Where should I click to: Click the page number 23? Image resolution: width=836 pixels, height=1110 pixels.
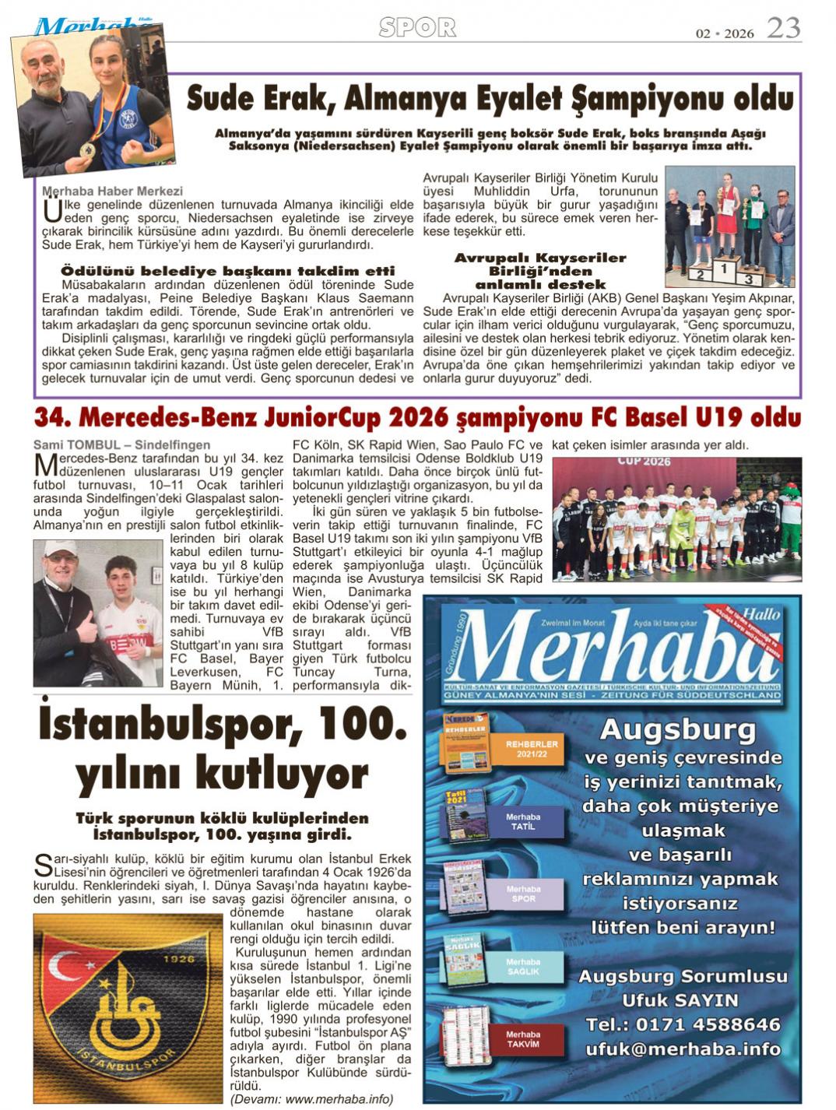pos(783,28)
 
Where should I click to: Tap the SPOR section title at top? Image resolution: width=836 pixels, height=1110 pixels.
pos(417,28)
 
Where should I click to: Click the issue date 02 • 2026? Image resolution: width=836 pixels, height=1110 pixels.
pos(725,33)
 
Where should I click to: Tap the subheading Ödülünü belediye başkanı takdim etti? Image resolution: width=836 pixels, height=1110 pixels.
pos(227,271)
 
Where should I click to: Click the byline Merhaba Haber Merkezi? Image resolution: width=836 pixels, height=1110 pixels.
pos(112,191)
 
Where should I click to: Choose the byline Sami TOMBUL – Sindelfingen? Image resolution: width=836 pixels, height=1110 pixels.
pos(121,444)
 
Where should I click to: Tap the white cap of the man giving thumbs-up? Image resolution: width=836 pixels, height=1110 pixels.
pos(59,548)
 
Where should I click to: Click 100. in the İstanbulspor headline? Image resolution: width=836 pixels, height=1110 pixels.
pos(357,725)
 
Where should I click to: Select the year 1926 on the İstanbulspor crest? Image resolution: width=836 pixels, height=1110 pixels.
pos(179,958)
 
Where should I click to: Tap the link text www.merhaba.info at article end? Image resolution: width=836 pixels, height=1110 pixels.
pos(339,1099)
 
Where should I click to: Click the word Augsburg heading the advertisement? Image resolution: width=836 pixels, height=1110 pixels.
pos(677,731)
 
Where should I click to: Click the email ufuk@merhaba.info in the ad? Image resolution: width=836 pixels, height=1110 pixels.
pos(683,1049)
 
